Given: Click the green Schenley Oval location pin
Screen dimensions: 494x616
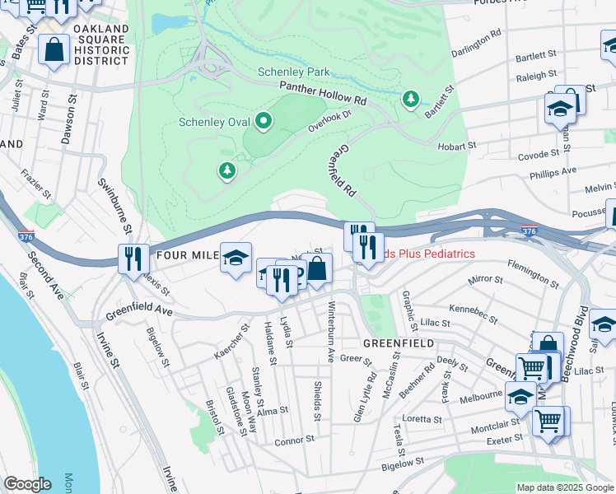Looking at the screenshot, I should [264, 123].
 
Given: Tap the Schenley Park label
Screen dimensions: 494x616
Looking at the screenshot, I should [293, 72].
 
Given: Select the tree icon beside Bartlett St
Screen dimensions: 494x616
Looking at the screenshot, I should [410, 100].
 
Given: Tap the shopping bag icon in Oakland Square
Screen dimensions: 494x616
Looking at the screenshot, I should [54, 51].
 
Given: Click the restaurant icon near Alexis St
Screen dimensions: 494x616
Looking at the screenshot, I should [133, 259].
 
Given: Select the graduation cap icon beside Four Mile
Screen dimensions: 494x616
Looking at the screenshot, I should [236, 259].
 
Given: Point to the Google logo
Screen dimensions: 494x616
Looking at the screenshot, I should [27, 484].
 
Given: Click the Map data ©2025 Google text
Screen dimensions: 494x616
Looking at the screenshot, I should [565, 487].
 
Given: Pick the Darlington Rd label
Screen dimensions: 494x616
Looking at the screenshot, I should [477, 44].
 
